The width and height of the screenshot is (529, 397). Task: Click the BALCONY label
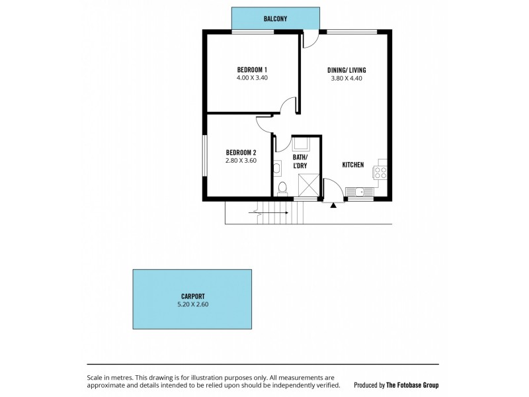[x=275, y=19]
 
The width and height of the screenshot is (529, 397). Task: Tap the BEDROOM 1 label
[x=252, y=69]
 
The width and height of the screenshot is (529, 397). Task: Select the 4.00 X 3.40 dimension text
[x=252, y=78]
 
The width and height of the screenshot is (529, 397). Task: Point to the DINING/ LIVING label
[x=346, y=69]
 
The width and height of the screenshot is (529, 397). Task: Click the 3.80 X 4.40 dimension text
[x=346, y=78]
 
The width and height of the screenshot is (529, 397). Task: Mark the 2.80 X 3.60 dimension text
[x=241, y=160]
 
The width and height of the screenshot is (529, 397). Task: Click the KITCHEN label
[x=352, y=165]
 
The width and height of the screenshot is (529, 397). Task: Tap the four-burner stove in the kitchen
[x=380, y=173]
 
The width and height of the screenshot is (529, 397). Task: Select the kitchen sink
[x=362, y=192]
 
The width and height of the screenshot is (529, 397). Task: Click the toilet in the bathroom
[x=282, y=189]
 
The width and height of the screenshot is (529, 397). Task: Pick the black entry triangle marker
[x=333, y=204]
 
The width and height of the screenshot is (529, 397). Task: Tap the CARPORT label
[x=192, y=296]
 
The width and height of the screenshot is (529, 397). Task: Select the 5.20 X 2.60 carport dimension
[x=192, y=304]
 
